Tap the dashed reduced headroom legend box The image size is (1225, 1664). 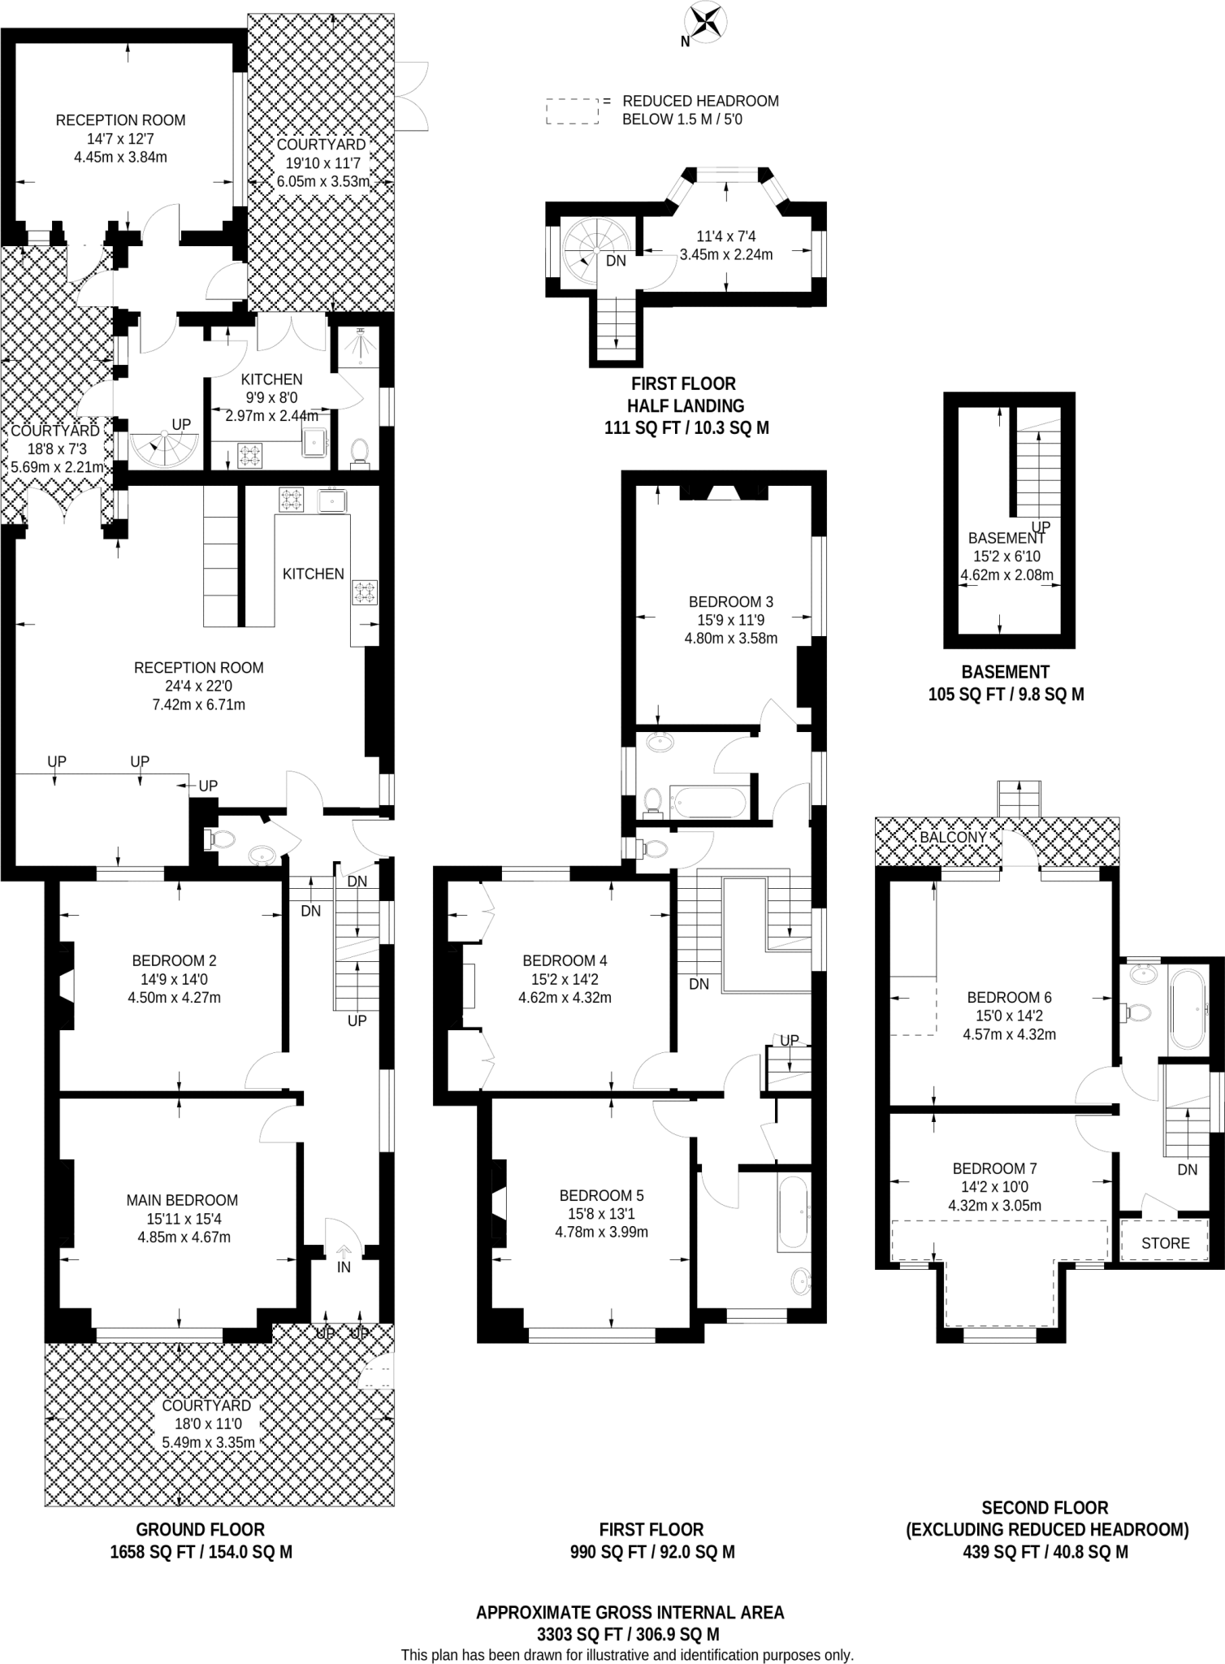tap(572, 111)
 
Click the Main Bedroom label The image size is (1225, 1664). tap(182, 1200)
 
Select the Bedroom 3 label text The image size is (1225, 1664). tap(730, 602)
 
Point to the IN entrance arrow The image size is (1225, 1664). tap(344, 1254)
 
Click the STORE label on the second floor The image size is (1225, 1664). tap(1165, 1243)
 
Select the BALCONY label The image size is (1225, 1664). tap(953, 837)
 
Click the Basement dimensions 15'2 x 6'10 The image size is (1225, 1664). tap(1006, 557)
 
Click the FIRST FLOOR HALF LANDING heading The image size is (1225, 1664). tap(686, 394)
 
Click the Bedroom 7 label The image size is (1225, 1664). tap(994, 1168)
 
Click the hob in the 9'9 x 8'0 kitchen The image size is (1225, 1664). tap(249, 455)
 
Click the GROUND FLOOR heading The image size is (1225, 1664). tap(200, 1529)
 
